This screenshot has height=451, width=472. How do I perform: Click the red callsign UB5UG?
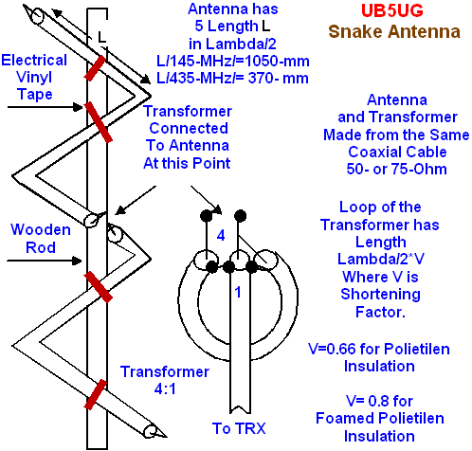[391, 11]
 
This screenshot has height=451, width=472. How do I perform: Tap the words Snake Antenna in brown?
[394, 31]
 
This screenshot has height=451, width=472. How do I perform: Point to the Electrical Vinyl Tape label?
[34, 78]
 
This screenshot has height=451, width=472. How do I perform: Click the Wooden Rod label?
[41, 239]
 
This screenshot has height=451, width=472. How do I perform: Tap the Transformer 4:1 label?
[165, 380]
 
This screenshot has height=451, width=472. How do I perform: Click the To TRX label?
[239, 428]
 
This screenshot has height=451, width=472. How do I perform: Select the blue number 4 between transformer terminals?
[221, 235]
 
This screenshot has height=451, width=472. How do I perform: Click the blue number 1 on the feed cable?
[238, 292]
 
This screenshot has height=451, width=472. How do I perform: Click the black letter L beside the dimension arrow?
[101, 37]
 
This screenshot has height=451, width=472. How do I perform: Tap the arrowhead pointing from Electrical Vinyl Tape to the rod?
[78, 107]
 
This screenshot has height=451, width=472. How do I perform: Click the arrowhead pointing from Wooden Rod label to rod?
[77, 261]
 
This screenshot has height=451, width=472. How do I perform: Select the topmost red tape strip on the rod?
[95, 67]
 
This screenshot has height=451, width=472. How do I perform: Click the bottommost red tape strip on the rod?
[95, 394]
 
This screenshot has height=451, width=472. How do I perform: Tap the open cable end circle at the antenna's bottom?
[151, 431]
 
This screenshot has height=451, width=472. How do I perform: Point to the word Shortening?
[381, 295]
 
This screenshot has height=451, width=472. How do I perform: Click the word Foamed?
[342, 418]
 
